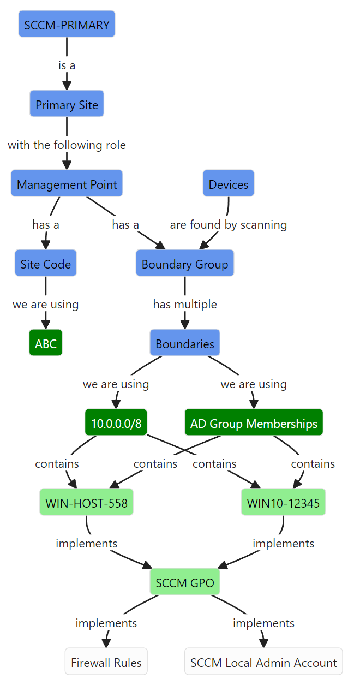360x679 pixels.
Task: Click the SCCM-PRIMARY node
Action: (x=67, y=25)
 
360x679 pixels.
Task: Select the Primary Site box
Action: (x=67, y=105)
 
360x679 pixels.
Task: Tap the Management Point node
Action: (x=67, y=184)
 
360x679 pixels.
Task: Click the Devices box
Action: (x=228, y=184)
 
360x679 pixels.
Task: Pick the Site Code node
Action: (x=46, y=264)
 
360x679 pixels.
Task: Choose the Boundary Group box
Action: (x=184, y=264)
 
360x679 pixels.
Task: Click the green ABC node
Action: (x=46, y=344)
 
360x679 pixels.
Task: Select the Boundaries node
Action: (x=184, y=344)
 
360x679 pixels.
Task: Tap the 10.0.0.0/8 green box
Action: (x=116, y=424)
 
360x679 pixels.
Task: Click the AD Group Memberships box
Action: (x=254, y=424)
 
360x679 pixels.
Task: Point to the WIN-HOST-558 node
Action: (x=86, y=503)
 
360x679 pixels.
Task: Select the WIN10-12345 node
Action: (x=283, y=503)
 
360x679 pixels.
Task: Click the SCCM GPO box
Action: (x=184, y=583)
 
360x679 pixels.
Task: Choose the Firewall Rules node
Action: (x=106, y=663)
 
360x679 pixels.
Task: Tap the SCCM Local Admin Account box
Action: (x=263, y=663)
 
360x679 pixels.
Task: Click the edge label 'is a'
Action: (x=67, y=65)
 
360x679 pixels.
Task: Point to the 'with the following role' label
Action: (x=67, y=145)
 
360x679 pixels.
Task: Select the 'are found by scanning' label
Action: (x=228, y=224)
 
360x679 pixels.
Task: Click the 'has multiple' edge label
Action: (x=184, y=304)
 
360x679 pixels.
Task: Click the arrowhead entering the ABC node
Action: (x=46, y=324)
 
